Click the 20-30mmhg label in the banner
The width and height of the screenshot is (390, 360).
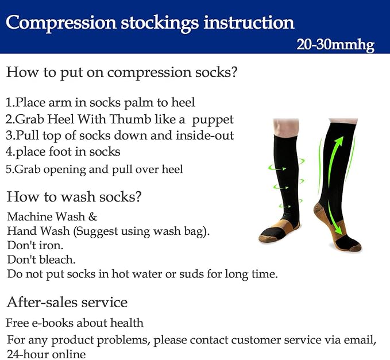(335, 45)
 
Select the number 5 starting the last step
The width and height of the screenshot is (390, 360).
(9, 169)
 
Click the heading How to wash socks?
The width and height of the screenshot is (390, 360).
(74, 197)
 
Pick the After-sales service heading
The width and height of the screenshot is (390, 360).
(67, 302)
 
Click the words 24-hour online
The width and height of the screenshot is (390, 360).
(46, 354)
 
